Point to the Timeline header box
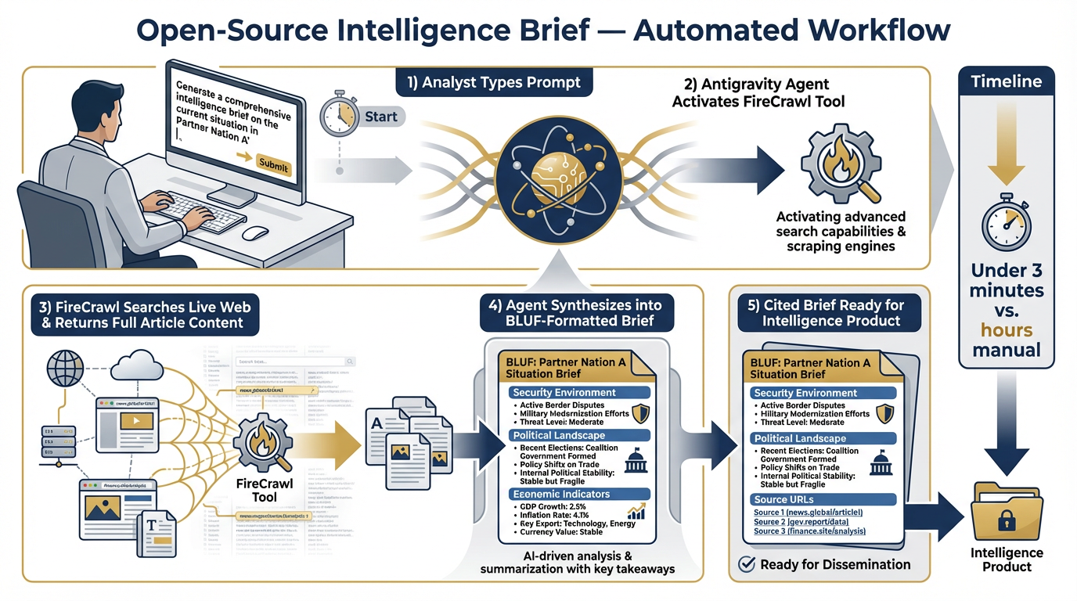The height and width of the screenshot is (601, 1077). [1006, 81]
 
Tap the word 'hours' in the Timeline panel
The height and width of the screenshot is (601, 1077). [1007, 329]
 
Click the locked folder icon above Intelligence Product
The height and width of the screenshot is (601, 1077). [1007, 509]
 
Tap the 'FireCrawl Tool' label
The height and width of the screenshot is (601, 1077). [264, 491]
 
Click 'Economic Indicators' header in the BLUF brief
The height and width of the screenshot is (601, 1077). [560, 495]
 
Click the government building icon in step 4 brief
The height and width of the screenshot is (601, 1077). [636, 459]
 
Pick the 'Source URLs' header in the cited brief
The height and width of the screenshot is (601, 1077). [783, 499]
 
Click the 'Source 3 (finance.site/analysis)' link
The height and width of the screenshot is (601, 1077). [809, 531]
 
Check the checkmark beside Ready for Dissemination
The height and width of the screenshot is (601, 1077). [747, 564]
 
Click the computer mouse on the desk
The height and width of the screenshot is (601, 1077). [255, 233]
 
